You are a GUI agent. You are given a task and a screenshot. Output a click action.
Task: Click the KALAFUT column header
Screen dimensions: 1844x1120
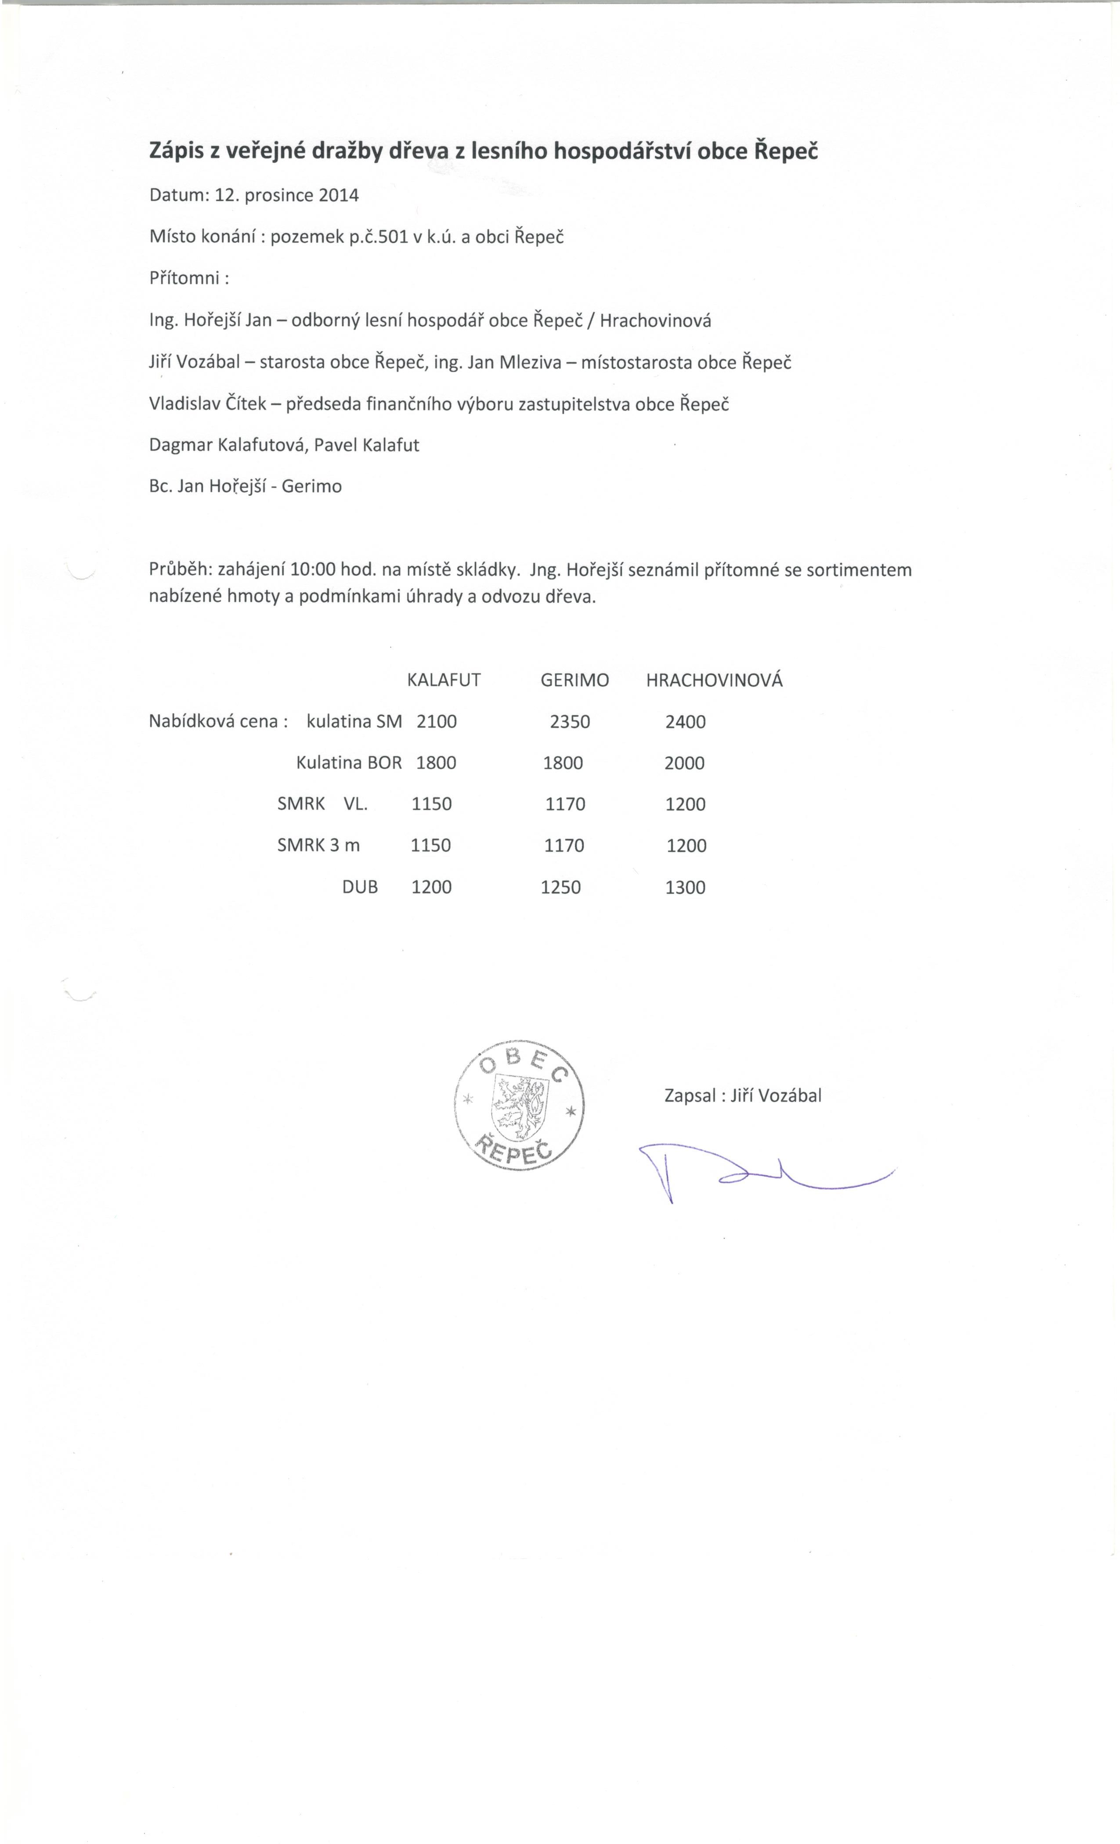pos(443,680)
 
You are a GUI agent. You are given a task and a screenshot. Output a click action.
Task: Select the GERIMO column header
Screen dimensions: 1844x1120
pos(574,680)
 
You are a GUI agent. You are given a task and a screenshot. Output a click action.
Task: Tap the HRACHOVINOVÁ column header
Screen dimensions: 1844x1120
pos(714,680)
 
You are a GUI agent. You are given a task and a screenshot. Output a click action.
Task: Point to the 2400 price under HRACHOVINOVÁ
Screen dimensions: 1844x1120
pos(685,722)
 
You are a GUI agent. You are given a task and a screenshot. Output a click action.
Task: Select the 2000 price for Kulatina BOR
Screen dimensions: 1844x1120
pos(684,764)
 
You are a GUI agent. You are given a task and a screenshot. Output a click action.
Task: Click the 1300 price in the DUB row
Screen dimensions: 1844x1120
pos(685,888)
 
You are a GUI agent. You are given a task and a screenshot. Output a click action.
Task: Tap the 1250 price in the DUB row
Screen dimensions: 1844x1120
pos(561,888)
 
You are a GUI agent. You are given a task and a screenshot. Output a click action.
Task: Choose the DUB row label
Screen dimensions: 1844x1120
pos(360,888)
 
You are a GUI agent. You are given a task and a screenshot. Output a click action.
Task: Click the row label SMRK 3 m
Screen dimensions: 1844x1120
pos(318,846)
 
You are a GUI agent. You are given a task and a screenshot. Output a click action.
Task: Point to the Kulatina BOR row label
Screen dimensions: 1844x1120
pos(349,764)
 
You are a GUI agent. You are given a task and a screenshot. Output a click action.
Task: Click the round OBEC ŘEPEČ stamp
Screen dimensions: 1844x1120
pos(520,1105)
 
